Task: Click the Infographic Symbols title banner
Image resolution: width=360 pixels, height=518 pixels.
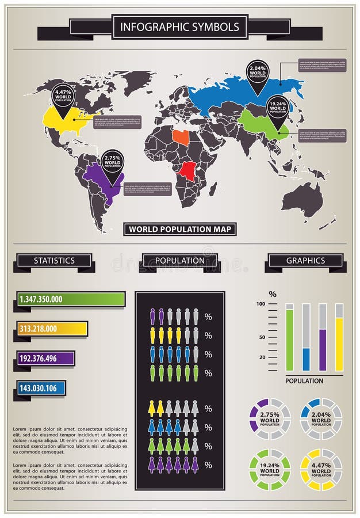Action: coord(180,27)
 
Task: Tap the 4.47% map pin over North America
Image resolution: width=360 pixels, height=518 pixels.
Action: coord(63,97)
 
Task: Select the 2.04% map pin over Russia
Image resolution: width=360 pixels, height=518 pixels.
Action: coord(257,73)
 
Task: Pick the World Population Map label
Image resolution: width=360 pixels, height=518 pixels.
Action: coord(180,229)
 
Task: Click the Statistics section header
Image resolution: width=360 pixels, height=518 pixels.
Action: coord(54,261)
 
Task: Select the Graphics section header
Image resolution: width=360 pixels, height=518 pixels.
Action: coord(305,261)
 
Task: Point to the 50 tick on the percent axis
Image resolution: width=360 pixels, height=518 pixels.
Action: coord(262,337)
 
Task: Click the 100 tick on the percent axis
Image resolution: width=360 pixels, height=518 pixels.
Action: coord(261,304)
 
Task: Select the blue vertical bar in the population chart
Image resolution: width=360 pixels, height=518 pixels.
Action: coord(306,359)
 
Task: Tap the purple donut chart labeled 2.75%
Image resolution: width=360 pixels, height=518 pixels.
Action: coord(270,419)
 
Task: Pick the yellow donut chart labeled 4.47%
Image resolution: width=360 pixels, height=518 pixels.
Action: coord(321,470)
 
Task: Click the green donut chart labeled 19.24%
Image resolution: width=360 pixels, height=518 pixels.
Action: coord(270,470)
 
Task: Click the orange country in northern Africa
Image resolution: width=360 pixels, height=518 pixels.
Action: coord(180,136)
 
